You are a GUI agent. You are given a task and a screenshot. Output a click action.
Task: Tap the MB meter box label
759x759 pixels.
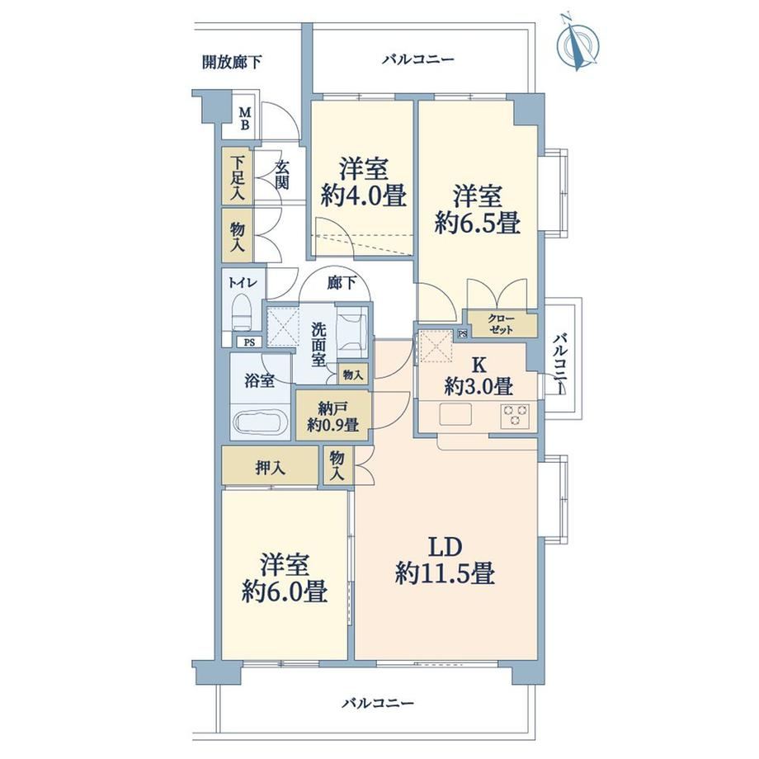pyautogui.click(x=245, y=119)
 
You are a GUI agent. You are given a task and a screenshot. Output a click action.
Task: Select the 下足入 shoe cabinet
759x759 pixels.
pyautogui.click(x=237, y=176)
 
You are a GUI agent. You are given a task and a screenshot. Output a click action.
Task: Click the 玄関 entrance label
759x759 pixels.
pyautogui.click(x=282, y=175)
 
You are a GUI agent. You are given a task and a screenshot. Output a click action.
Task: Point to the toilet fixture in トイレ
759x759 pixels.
pyautogui.click(x=241, y=313)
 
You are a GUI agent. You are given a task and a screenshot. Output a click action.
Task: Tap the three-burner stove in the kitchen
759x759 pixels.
pyautogui.click(x=515, y=415)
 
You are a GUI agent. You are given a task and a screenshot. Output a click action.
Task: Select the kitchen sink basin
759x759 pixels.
pyautogui.click(x=455, y=414)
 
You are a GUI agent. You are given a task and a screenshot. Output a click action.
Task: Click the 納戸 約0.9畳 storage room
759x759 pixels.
pyautogui.click(x=334, y=415)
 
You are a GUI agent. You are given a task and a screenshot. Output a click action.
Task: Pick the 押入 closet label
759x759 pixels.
pyautogui.click(x=271, y=468)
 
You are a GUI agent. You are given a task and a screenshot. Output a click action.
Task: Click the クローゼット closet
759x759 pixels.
pyautogui.click(x=501, y=324)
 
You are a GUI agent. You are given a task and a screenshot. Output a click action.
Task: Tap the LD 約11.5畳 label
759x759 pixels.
pyautogui.click(x=445, y=560)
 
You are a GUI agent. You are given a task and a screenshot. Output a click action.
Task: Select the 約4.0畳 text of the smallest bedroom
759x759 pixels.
pyautogui.click(x=363, y=196)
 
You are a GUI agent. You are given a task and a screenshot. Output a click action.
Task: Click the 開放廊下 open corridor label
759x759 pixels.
pyautogui.click(x=233, y=62)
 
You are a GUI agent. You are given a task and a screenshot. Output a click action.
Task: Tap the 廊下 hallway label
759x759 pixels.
pyautogui.click(x=342, y=283)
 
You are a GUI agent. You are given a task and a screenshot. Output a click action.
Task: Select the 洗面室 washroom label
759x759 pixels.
pyautogui.click(x=318, y=345)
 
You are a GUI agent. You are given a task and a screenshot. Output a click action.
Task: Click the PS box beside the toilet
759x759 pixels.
pyautogui.click(x=249, y=342)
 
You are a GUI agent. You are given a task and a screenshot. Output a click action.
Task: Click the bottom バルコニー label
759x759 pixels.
pyautogui.click(x=378, y=703)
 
